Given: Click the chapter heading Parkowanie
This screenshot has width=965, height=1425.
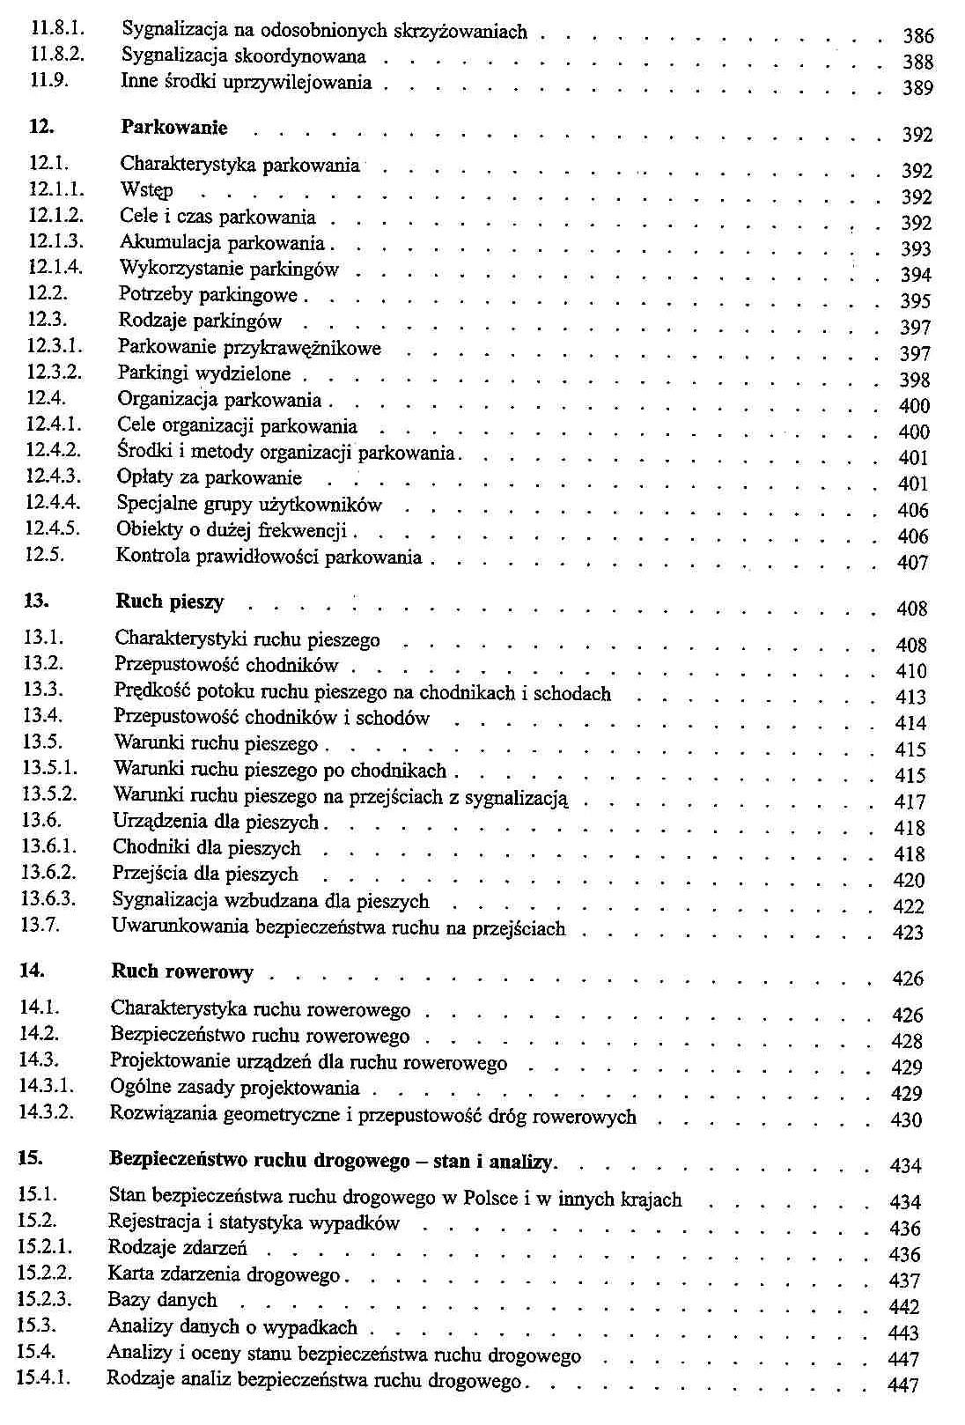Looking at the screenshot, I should point(173,128).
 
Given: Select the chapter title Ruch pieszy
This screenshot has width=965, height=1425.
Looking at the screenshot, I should point(169,602).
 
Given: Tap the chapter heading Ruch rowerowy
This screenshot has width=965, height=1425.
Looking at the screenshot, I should point(182,972).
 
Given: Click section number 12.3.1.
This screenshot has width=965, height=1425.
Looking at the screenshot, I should point(55,347).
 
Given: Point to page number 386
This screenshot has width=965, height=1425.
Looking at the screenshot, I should point(917,36).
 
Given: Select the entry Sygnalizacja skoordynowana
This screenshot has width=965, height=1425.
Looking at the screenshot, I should point(243,57).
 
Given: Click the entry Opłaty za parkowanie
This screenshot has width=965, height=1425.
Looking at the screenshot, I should point(209,478).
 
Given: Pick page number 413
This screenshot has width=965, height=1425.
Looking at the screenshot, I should point(910,698).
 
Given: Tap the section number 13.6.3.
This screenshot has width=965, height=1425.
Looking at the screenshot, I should point(49,899).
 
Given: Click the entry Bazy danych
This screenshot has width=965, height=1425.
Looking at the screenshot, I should point(162,1300).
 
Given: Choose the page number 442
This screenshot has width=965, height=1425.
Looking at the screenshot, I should point(904,1308).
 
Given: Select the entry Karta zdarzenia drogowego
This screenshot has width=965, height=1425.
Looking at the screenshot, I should point(224,1274).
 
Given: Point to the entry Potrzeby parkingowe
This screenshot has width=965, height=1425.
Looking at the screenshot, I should point(208,295).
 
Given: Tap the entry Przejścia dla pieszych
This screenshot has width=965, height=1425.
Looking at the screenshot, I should point(205,875).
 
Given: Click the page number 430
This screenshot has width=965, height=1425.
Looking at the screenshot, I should point(906,1120).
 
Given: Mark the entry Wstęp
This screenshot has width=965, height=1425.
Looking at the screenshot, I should point(146,190).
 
